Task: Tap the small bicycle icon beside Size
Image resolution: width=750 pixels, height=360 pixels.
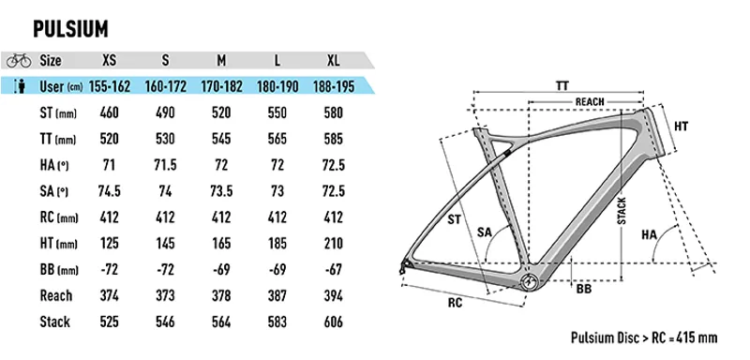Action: tap(18, 60)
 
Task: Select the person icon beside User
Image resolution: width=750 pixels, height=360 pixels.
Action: tap(18, 87)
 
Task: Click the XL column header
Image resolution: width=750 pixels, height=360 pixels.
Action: tap(331, 60)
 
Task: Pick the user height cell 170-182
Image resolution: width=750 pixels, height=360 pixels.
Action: tap(222, 87)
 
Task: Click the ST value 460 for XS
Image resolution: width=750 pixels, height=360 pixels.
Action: tap(110, 113)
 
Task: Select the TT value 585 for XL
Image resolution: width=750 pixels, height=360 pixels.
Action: tap(331, 140)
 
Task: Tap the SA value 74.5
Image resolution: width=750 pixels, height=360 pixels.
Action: tap(110, 193)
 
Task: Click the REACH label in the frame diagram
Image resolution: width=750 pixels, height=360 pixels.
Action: tap(590, 101)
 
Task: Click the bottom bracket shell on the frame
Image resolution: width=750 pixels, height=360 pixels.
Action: tap(532, 281)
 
